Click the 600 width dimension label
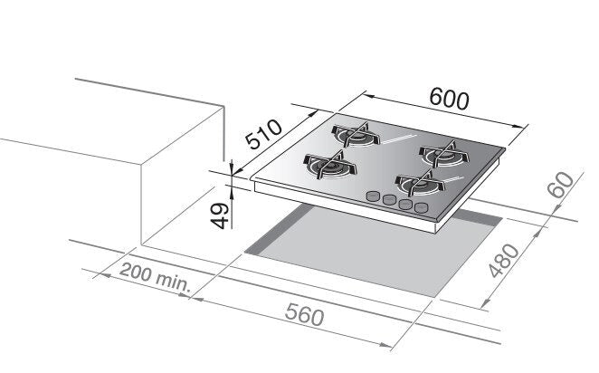(x=449, y=99)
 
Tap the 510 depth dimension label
(x=263, y=134)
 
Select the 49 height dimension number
(x=220, y=215)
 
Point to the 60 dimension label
(x=560, y=185)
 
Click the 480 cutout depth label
(x=504, y=260)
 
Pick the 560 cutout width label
(x=305, y=314)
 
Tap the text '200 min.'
(x=155, y=277)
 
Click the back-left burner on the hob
(x=356, y=135)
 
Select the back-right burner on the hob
(x=444, y=154)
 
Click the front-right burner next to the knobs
(x=420, y=184)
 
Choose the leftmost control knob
(x=373, y=196)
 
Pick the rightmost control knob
(x=422, y=207)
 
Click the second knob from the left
(x=389, y=199)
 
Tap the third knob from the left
(x=405, y=204)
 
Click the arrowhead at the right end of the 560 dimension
(x=385, y=345)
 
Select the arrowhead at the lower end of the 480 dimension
(x=484, y=303)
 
